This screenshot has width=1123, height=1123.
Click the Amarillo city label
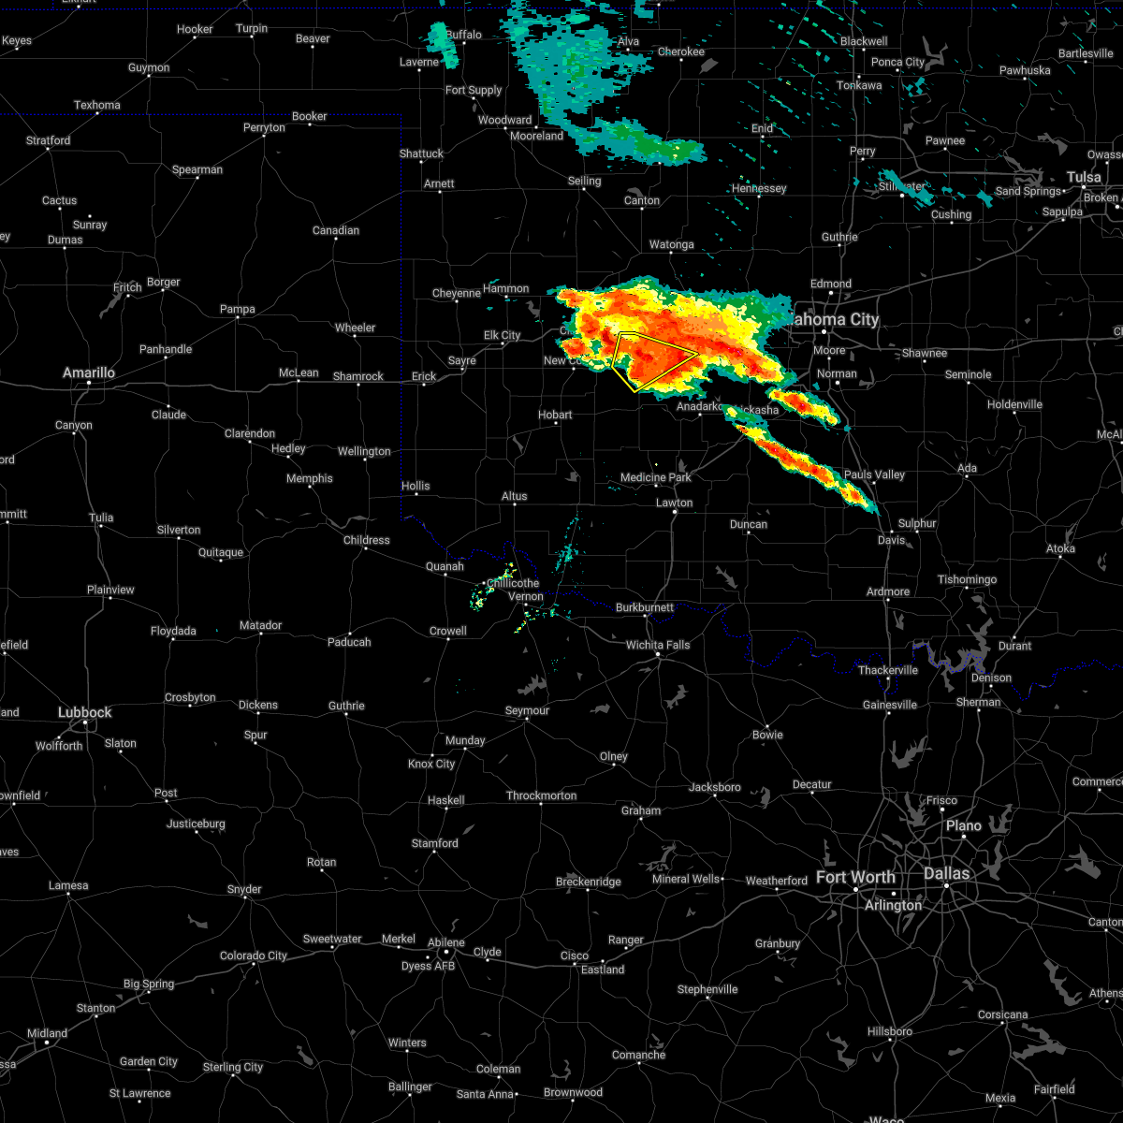point(88,372)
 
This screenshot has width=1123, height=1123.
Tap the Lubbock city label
point(84,712)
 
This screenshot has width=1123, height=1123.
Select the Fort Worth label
point(855,877)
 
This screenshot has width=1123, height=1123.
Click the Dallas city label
point(946,873)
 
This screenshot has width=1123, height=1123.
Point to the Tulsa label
point(1084,177)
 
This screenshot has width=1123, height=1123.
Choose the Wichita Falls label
point(658,645)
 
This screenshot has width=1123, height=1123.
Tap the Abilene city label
point(445,942)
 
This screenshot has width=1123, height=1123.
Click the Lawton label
point(674,503)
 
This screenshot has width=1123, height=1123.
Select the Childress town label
point(366,540)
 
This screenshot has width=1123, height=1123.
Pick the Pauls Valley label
point(874,474)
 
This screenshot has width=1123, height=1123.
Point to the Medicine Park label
point(655,477)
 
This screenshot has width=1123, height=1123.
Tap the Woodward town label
point(504,120)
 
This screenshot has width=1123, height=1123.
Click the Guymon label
point(149,67)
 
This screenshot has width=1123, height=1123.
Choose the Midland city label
point(47,1033)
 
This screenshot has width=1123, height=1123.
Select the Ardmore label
point(887,591)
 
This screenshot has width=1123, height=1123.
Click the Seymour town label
point(527,710)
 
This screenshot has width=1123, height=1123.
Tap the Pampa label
point(237,309)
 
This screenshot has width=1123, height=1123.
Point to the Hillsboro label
point(889,1031)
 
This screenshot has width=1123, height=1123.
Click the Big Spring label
point(149,984)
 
